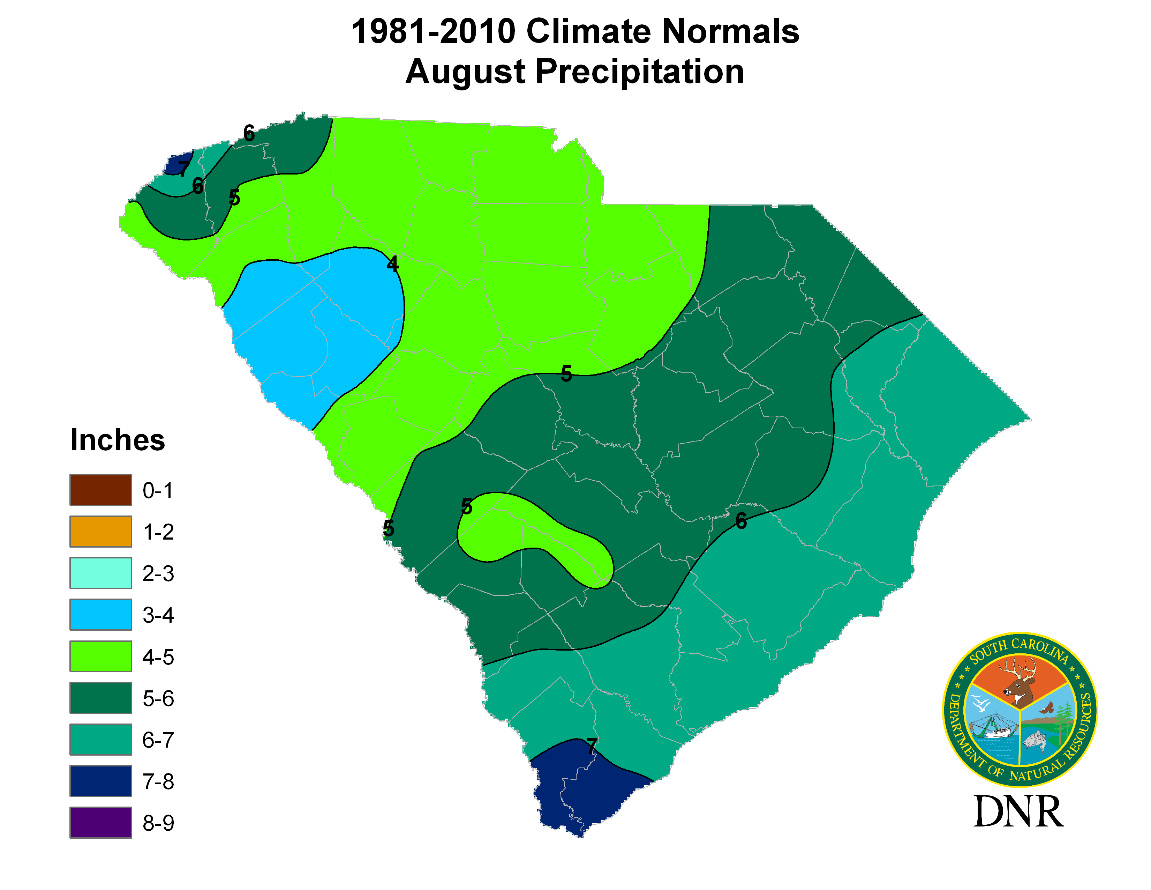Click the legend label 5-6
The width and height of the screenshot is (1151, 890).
158,699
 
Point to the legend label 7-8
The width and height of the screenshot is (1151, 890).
158,781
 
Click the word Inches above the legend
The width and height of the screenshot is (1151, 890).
118,440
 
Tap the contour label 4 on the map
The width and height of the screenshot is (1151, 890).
392,264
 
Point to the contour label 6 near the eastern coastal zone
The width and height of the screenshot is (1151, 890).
741,521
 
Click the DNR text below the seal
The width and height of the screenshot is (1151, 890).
1018,812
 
